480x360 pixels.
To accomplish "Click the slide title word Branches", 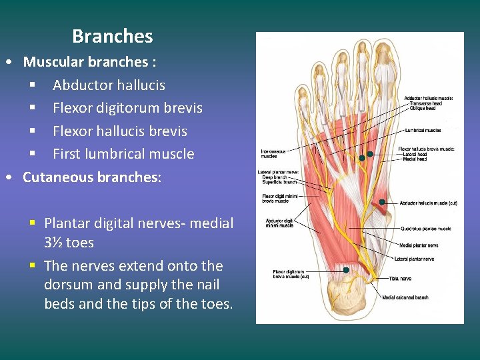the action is (112, 36).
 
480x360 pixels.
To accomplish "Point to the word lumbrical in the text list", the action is (127, 154).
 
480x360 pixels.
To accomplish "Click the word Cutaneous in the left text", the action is (57, 177).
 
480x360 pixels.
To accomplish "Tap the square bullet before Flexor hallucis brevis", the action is (32, 131).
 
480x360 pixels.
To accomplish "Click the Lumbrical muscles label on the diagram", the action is (423, 130).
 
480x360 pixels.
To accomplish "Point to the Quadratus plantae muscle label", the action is (425, 229).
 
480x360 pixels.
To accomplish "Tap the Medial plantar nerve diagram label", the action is (419, 245).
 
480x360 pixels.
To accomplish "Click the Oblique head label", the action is (423, 108).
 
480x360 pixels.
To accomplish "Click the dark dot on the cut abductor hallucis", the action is (382, 202).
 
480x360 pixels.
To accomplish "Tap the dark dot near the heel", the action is (346, 270).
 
